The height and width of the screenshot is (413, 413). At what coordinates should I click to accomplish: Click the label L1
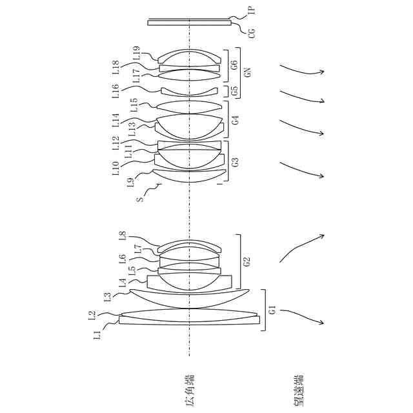[97, 334]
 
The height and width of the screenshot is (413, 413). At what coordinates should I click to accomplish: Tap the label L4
[123, 281]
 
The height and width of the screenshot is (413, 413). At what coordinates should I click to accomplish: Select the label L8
[123, 236]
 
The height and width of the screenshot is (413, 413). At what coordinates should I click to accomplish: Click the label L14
[115, 120]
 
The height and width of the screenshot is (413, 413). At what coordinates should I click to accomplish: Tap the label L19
[136, 52]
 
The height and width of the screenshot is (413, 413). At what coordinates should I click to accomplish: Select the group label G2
[246, 262]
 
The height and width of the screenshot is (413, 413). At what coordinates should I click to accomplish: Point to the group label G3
[234, 161]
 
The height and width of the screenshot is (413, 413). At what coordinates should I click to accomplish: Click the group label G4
[235, 119]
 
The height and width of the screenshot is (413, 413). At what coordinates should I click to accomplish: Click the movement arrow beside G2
[301, 248]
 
